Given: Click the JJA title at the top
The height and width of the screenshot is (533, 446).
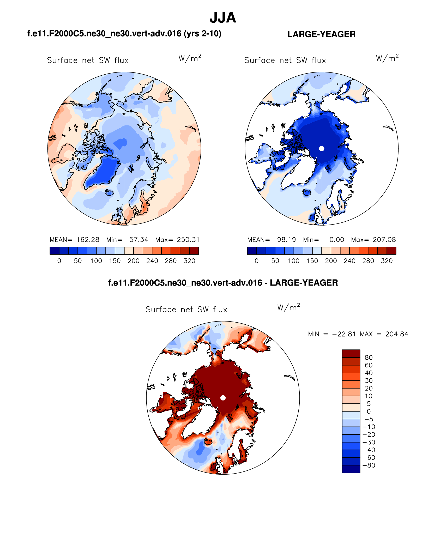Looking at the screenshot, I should [223, 18].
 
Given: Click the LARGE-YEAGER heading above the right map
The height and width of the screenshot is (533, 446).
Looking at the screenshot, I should [321, 34].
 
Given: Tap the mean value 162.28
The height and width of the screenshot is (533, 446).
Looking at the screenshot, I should [88, 240].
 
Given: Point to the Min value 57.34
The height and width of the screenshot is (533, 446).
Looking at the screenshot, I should [139, 240].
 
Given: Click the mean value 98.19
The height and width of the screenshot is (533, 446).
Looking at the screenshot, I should [286, 240].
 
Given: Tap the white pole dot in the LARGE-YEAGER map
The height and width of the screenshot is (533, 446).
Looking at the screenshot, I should [322, 148].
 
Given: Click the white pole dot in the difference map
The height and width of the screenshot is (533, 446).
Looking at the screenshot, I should [223, 398].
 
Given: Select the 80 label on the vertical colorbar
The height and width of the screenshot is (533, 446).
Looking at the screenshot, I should [369, 358].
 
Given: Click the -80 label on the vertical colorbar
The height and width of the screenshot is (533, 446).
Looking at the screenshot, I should [369, 465].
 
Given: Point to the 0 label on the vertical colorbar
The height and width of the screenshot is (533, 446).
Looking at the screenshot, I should [369, 411].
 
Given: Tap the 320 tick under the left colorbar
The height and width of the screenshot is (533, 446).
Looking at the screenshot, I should [189, 261].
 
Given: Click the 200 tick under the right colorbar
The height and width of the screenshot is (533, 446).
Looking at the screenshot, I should [331, 261].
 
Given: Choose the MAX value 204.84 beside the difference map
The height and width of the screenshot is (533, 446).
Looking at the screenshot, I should [397, 334].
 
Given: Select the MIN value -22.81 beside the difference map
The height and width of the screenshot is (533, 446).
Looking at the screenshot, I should [344, 334].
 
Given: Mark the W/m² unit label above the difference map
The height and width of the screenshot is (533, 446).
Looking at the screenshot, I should [288, 307].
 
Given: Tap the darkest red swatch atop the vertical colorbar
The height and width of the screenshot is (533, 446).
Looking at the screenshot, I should [351, 353].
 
